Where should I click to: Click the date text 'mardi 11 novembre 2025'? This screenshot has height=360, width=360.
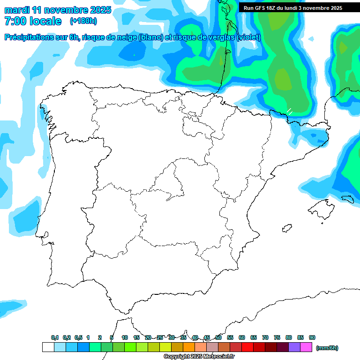(58, 10)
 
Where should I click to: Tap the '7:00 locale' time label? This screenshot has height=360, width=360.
(33, 21)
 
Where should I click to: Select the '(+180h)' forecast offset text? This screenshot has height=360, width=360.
(83, 21)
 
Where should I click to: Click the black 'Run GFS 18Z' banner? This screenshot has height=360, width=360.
(292, 8)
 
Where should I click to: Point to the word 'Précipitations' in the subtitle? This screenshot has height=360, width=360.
(28, 37)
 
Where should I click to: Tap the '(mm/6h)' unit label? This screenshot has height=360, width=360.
(327, 348)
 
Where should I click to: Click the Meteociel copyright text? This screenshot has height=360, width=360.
(199, 357)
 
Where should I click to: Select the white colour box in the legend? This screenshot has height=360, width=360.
(48, 347)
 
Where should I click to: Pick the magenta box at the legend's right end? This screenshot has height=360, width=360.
(306, 347)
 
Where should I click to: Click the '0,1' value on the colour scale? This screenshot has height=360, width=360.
(55, 338)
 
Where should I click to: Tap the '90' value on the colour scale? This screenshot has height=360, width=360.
(312, 338)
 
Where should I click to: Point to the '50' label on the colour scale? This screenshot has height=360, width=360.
(218, 338)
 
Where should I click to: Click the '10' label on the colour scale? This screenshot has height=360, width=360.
(125, 338)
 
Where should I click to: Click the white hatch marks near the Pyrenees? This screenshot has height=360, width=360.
(290, 111)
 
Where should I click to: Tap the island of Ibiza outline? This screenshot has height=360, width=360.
(286, 228)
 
